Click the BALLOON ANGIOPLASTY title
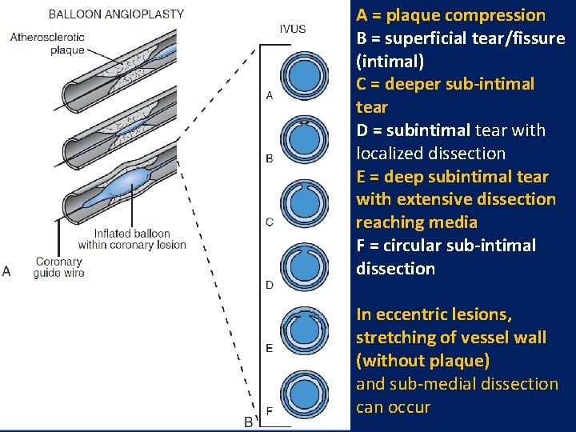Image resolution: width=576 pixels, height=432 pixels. tap(116, 14)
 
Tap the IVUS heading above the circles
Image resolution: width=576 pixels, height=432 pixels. tap(292, 29)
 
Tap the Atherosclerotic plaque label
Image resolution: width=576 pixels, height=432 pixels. tap(46, 43)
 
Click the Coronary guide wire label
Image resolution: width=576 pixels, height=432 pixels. tap(58, 267)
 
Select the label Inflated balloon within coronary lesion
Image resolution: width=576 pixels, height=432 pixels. tap(131, 239)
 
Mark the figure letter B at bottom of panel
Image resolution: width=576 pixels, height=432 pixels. tap(248, 421)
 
